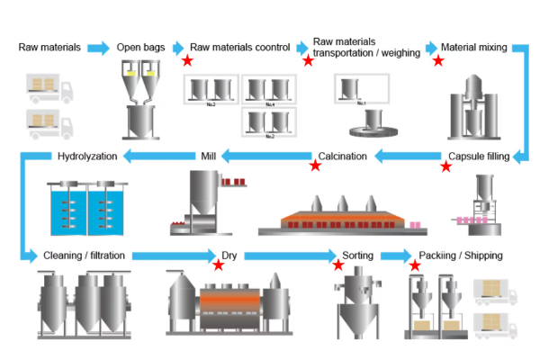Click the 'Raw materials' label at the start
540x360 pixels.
pyautogui.click(x=49, y=47)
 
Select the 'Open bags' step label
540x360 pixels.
pyautogui.click(x=139, y=47)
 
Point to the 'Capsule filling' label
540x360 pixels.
pyautogui.click(x=479, y=157)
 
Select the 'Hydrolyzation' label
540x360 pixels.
pyautogui.click(x=87, y=157)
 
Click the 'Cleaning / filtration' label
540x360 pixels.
pyautogui.click(x=85, y=256)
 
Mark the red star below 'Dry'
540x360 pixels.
pyautogui.click(x=218, y=265)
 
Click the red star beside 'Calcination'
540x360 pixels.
pyautogui.click(x=315, y=166)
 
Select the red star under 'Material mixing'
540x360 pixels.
pyautogui.click(x=438, y=60)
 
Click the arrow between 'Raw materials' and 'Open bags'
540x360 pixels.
pyautogui.click(x=97, y=47)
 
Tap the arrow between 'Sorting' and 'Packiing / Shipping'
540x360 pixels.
pyautogui.click(x=392, y=256)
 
